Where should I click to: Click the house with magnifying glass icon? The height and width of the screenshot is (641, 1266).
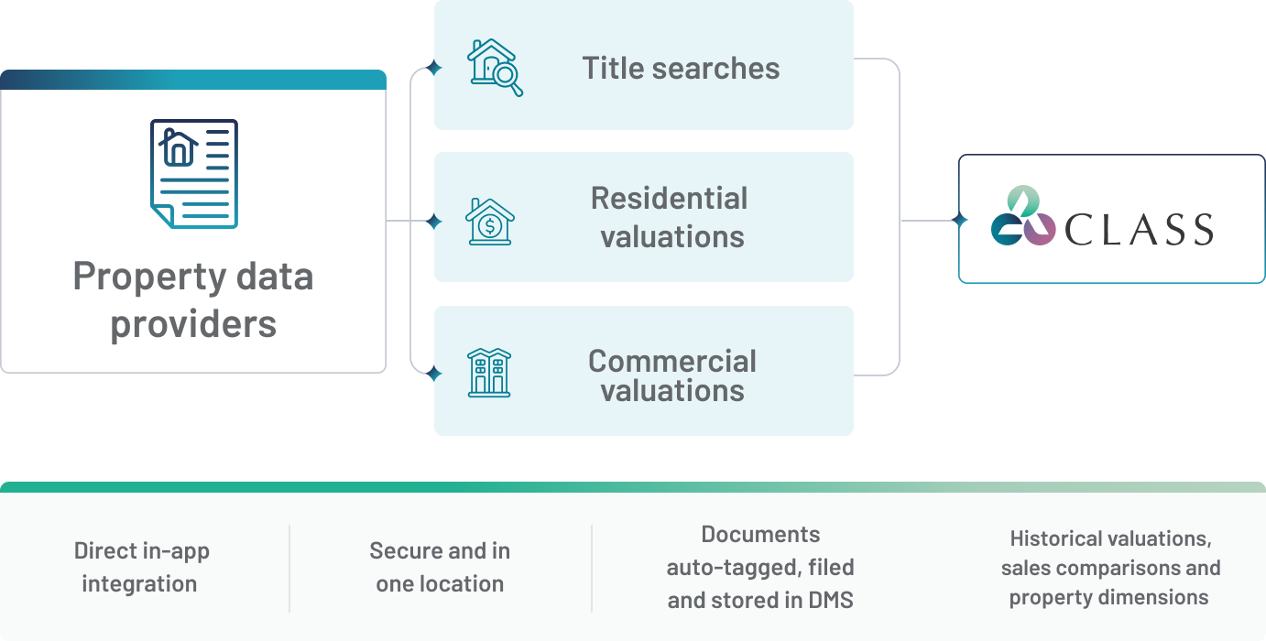(495, 67)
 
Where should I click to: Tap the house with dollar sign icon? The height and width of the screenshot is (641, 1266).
(489, 222)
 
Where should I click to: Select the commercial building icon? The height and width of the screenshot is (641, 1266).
(489, 372)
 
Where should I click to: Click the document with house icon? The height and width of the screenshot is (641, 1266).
(193, 173)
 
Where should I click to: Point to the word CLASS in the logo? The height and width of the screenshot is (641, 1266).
(1139, 229)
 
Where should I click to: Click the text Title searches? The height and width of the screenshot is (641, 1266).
(681, 68)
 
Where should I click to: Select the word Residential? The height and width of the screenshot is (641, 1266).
(669, 198)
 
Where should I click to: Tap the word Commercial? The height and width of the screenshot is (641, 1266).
(671, 361)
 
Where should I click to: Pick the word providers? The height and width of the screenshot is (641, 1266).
(193, 324)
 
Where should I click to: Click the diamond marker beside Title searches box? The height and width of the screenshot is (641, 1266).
(434, 68)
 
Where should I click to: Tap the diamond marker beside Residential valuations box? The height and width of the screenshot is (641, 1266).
(434, 222)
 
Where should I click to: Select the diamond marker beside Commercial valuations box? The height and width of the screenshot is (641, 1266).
(434, 373)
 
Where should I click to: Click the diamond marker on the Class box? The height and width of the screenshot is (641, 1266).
(959, 221)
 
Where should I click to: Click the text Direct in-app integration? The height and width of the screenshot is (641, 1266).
(140, 568)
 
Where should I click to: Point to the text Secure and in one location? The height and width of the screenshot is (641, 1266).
(440, 568)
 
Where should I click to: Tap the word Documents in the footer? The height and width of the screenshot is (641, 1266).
(760, 535)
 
